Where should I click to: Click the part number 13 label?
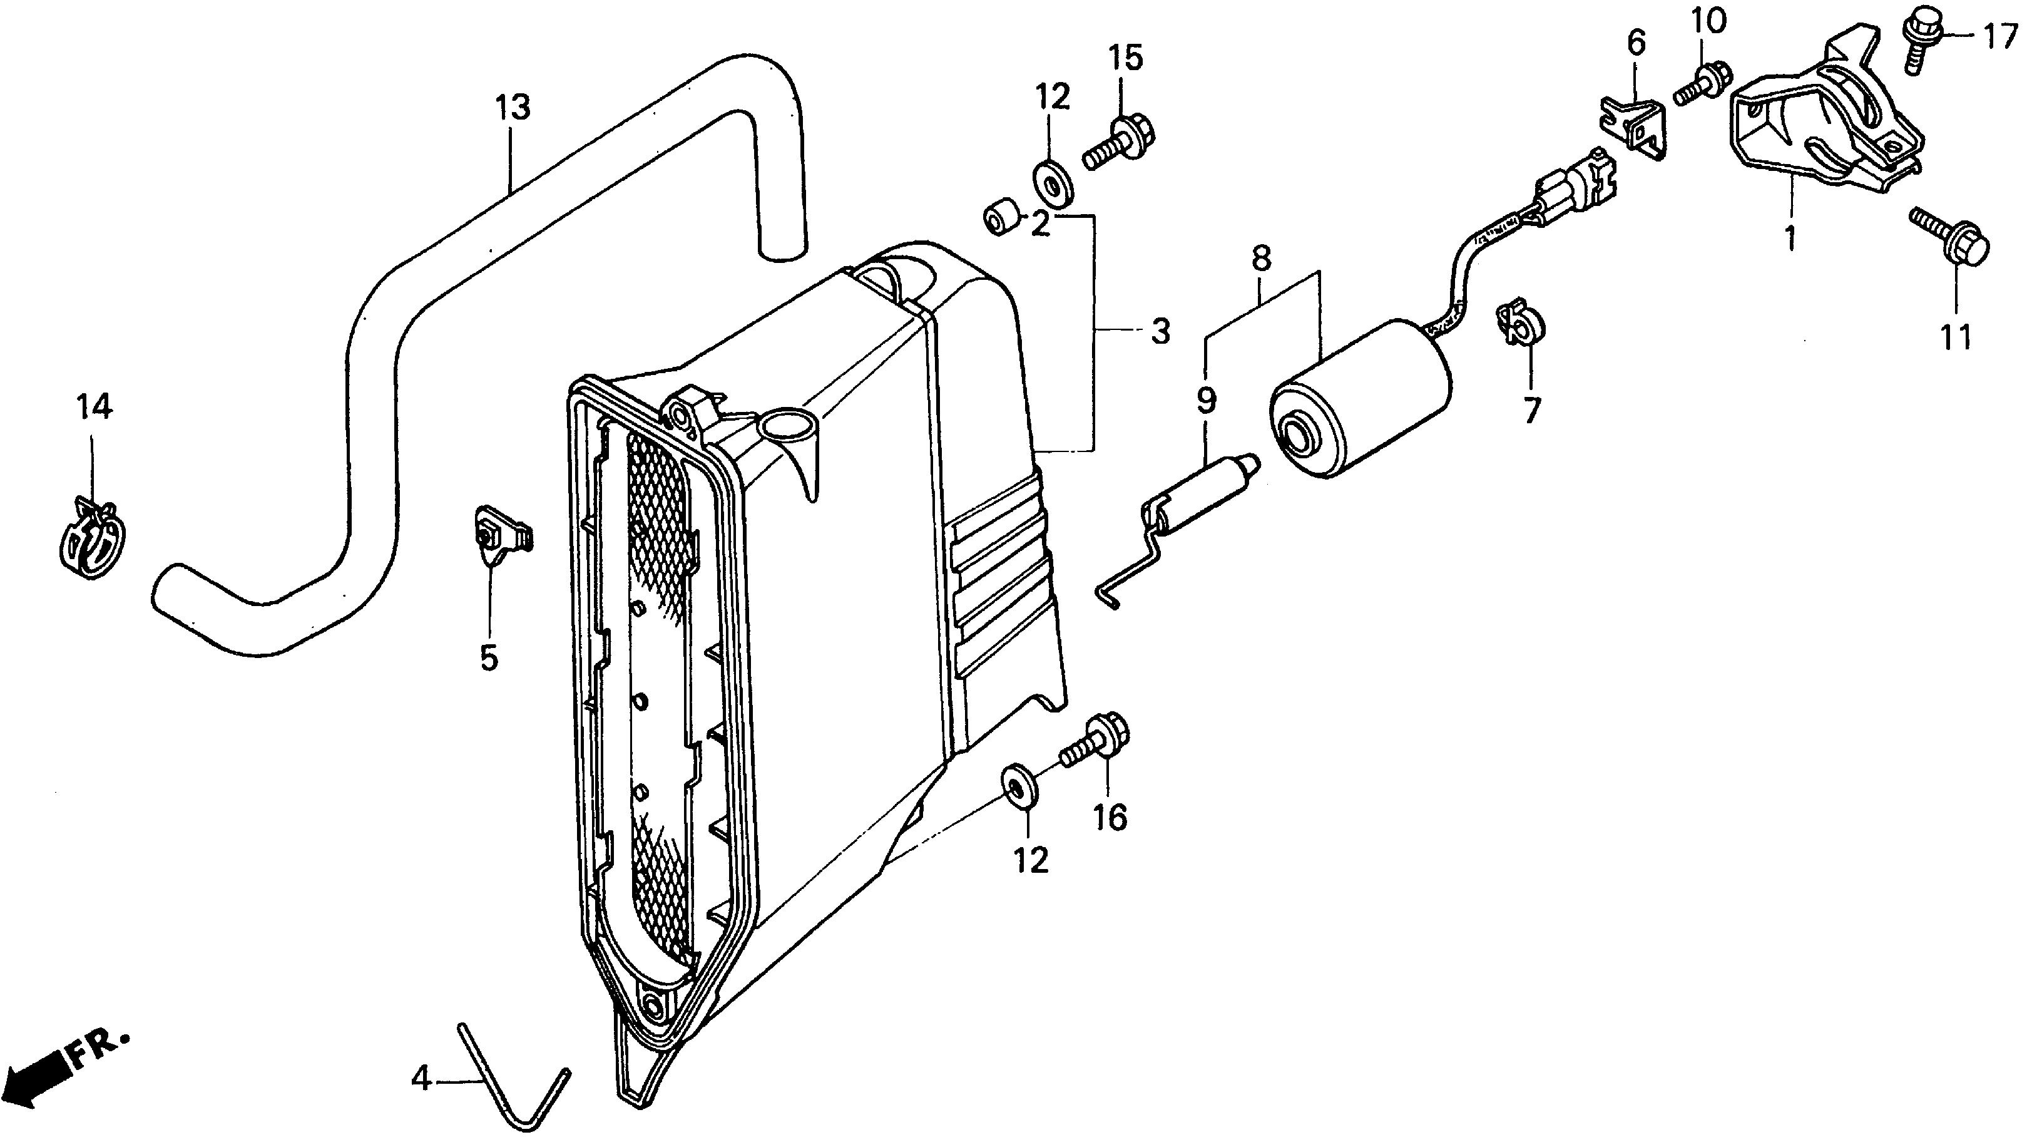pyautogui.click(x=513, y=107)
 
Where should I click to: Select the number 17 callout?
pyautogui.click(x=1999, y=37)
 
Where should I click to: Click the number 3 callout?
pyautogui.click(x=1161, y=332)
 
